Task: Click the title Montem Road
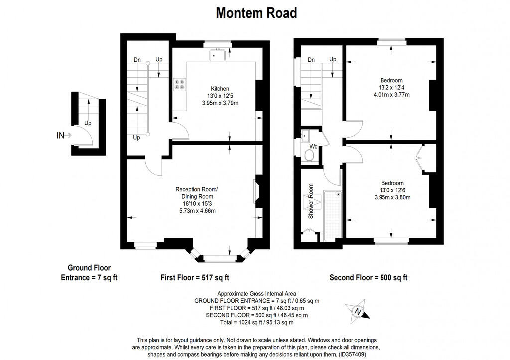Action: coord(256,13)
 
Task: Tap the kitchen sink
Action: coord(218,54)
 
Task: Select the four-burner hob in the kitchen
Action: coord(180,84)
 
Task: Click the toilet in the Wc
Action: coord(309,155)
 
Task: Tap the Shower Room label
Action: coord(311,202)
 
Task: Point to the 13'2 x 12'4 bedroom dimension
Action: coord(391,88)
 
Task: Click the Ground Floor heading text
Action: coord(89,268)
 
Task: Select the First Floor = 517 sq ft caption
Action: coord(194,277)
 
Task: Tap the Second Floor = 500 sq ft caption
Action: coord(368,277)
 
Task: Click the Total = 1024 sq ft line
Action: coord(256,323)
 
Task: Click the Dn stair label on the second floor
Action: coord(311,60)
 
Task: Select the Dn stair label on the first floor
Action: coord(137,60)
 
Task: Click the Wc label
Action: coord(314,147)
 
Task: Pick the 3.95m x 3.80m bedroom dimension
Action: coord(392,197)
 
